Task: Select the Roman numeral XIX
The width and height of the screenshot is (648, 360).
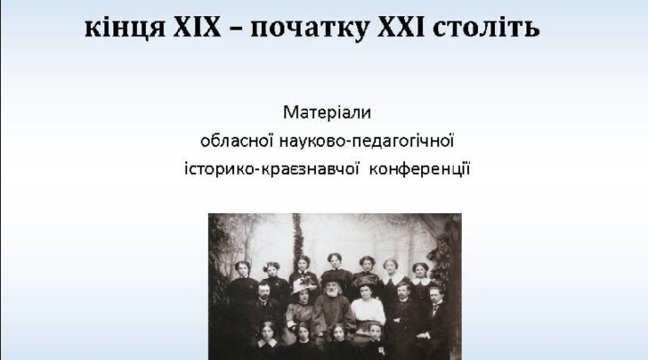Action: (197, 27)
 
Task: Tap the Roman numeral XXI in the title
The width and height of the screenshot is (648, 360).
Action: (401, 27)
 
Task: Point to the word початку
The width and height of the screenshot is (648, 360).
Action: (310, 29)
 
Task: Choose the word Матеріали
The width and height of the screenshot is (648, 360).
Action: (327, 112)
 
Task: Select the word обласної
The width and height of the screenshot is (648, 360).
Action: (237, 141)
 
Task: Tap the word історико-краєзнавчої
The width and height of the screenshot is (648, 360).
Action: (272, 169)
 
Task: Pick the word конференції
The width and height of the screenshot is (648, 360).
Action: (419, 169)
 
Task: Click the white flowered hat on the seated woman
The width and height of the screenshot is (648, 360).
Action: (303, 283)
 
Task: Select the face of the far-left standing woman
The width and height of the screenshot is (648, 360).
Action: (243, 270)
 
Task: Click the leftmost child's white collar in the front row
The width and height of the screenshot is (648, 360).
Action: (267, 343)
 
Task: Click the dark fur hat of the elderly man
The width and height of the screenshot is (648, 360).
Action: (330, 279)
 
